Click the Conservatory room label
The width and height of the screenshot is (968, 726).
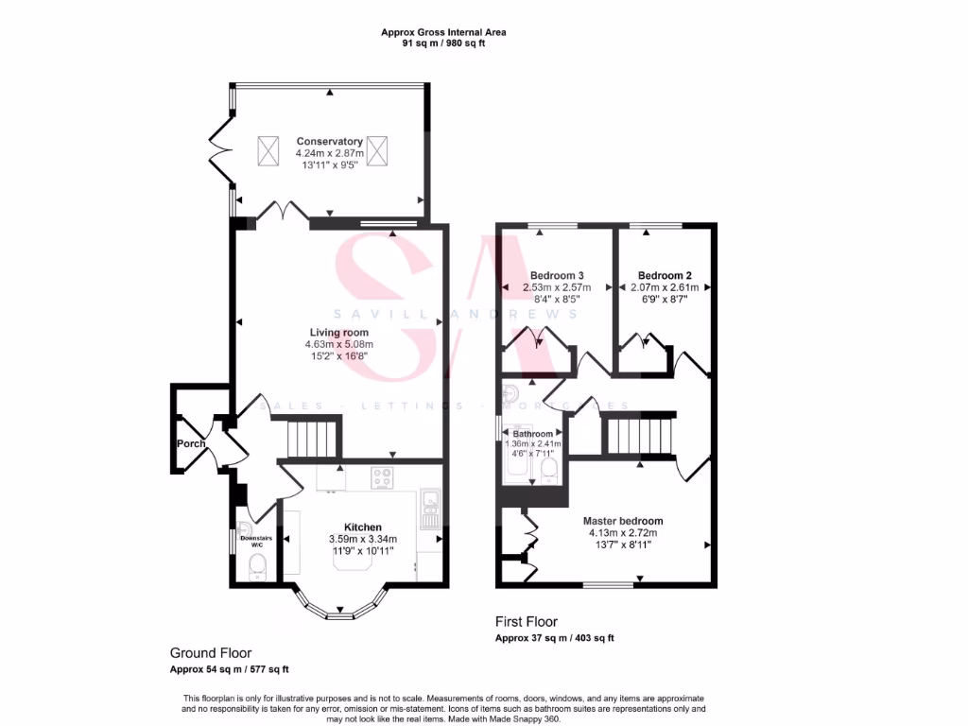click(329, 142)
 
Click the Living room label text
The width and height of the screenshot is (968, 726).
click(338, 332)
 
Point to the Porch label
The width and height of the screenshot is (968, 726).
click(190, 443)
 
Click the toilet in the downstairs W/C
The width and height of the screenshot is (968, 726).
click(257, 567)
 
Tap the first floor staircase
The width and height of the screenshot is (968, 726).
click(639, 437)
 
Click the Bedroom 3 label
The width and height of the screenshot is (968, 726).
click(557, 276)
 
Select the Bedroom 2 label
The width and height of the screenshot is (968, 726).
click(665, 276)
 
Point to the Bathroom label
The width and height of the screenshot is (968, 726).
click(533, 434)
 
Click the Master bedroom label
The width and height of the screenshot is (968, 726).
click(622, 521)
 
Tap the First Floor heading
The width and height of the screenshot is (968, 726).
click(526, 622)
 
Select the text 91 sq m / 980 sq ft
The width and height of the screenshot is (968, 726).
click(442, 43)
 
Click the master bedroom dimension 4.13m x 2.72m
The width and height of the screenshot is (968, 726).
click(622, 532)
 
